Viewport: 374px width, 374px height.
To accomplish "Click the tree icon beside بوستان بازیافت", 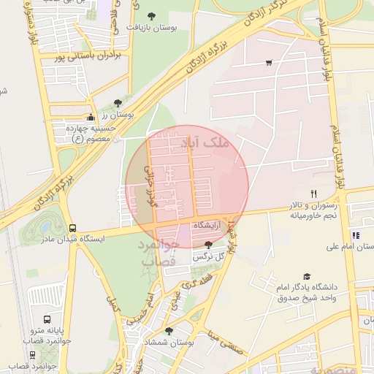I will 151,15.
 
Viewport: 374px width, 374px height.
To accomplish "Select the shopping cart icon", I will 269,63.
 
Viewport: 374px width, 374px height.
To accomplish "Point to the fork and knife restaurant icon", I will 314,194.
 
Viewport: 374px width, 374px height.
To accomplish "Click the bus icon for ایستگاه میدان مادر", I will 72,228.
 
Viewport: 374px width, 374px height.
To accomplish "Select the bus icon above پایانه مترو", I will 47,319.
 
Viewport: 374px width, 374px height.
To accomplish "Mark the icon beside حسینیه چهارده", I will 91,118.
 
